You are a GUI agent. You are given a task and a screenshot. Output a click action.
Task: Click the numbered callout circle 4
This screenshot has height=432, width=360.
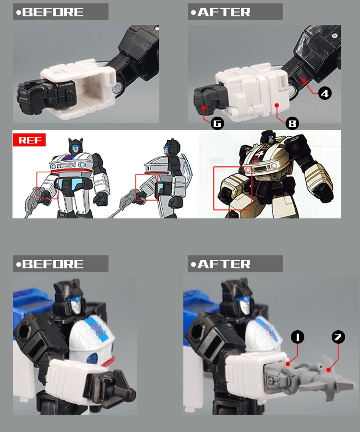[325, 94]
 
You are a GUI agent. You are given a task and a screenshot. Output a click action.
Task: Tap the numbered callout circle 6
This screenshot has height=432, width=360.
[217, 123]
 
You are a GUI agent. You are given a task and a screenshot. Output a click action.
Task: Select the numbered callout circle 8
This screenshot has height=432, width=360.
[292, 123]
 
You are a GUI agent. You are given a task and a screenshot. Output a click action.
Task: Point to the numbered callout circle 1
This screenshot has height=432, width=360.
[298, 337]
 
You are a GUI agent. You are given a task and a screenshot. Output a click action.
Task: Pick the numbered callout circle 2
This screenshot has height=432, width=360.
[338, 337]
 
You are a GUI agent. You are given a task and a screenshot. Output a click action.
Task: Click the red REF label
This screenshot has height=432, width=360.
[29, 140]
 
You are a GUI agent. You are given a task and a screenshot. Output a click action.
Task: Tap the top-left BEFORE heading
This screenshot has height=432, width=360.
[60, 12]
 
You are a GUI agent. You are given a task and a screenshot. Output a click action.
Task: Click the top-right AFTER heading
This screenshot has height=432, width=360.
[235, 12]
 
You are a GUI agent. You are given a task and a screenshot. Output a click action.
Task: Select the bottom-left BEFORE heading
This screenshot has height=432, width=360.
[60, 264]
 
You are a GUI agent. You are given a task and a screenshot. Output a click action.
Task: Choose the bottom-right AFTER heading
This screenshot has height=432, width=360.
[235, 264]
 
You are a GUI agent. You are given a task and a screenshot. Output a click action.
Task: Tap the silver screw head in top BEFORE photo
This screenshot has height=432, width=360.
[117, 88]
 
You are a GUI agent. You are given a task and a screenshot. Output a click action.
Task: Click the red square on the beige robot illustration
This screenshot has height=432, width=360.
[233, 188]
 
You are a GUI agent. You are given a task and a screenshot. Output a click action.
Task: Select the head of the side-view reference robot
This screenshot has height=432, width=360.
[172, 147]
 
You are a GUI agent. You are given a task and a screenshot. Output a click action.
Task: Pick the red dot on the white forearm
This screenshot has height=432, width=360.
[277, 105]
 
